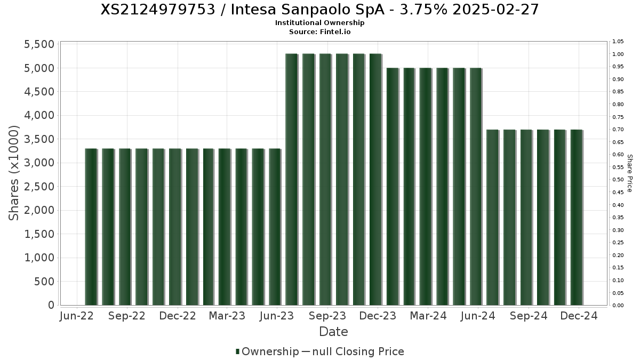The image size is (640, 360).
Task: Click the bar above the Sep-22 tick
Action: [125, 227]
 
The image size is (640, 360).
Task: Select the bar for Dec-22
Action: [175, 227]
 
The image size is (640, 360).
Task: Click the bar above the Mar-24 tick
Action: [425, 187]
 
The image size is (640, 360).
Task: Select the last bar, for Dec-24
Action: [576, 217]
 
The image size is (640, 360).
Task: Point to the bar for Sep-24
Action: [526, 217]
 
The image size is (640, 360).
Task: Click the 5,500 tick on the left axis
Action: [39, 44]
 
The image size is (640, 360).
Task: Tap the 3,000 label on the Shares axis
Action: [39, 163]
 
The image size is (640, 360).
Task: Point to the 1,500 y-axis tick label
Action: [39, 234]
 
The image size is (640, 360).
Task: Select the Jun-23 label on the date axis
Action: [276, 316]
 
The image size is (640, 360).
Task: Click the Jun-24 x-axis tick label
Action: [477, 316]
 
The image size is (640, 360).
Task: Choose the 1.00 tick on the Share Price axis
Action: [618, 54]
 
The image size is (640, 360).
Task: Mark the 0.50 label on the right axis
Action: [618, 180]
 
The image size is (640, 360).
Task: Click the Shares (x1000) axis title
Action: [14, 173]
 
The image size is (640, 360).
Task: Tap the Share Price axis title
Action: [630, 173]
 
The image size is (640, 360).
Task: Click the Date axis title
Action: [333, 332]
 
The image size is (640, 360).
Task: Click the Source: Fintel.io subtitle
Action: [320, 31]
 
